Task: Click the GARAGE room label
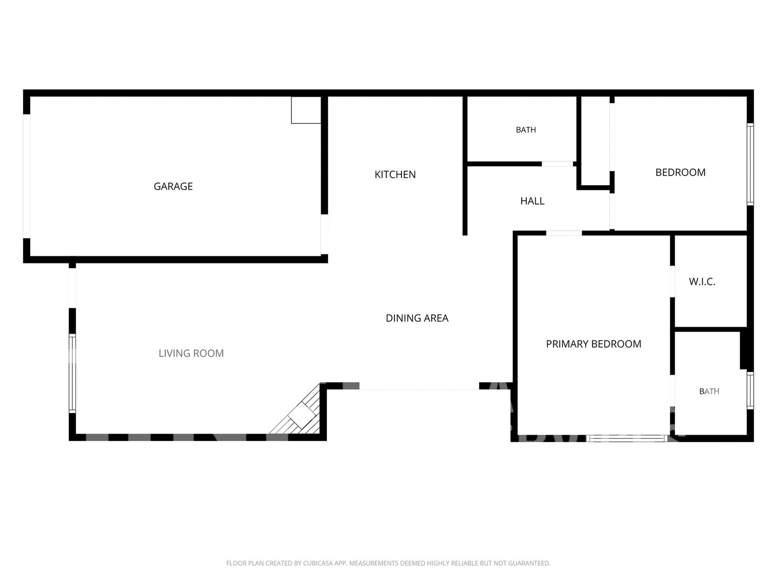[173, 186]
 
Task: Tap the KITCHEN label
[395, 174]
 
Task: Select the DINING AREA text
[417, 318]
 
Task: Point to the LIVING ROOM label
[191, 353]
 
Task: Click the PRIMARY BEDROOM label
[594, 344]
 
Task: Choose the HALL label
[533, 201]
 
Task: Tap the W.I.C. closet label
[702, 282]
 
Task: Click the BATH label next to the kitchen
[526, 130]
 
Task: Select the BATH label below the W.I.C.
[709, 391]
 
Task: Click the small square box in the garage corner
[306, 110]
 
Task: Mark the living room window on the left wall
[72, 373]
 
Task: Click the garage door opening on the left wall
[26, 177]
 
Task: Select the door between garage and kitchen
[324, 234]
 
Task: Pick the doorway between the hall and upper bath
[557, 164]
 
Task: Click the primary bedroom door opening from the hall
[564, 233]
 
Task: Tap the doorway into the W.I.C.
[672, 281]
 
